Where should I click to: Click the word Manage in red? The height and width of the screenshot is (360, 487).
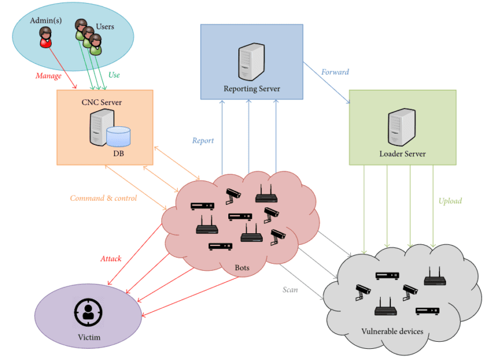pos(48,75)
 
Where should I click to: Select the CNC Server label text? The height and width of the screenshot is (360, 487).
pos(102,102)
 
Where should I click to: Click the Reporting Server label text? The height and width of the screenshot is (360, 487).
pos(252,89)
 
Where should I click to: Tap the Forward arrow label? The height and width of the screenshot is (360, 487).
pos(335,72)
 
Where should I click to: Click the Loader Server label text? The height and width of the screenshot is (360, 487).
pos(403,154)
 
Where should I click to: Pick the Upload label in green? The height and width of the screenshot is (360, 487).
pos(450,201)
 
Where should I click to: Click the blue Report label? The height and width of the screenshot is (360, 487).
pos(203,140)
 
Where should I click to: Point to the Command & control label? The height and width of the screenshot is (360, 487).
pos(103,198)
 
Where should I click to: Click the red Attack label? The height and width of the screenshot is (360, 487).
pos(111,258)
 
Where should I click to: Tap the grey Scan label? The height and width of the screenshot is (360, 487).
pos(290,290)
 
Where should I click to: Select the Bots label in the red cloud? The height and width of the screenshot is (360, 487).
pos(242,268)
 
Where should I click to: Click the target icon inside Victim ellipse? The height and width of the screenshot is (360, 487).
pos(89,312)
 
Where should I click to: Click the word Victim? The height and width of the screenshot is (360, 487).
pos(89,337)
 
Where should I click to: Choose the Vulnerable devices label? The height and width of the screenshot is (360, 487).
pos(393,331)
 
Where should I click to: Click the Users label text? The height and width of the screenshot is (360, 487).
pos(105,26)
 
